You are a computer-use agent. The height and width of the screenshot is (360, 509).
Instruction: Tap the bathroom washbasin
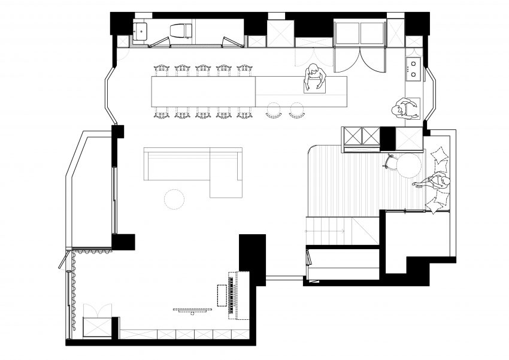141,29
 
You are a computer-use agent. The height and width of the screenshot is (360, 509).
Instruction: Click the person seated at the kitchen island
313,78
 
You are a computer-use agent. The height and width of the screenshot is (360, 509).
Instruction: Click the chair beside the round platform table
392,162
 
